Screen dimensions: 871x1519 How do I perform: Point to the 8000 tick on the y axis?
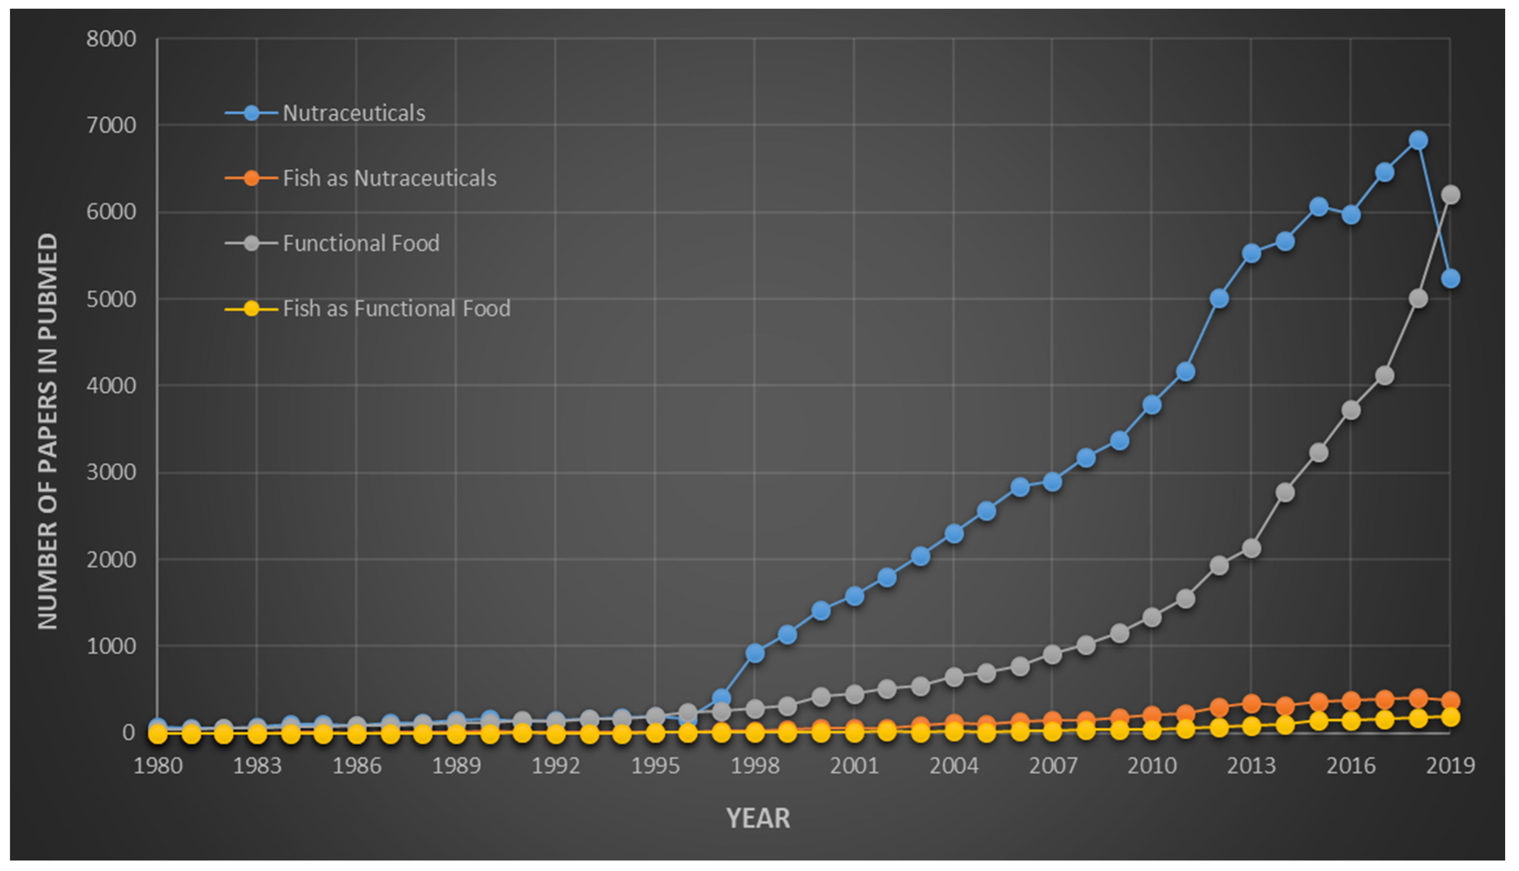[x=111, y=39]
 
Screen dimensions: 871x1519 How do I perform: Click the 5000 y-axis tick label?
[x=111, y=299]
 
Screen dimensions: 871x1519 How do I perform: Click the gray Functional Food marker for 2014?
[x=1285, y=492]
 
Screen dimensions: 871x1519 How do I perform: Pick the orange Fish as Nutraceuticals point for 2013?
[x=1252, y=704]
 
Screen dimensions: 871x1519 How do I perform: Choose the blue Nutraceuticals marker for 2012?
[x=1219, y=298]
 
